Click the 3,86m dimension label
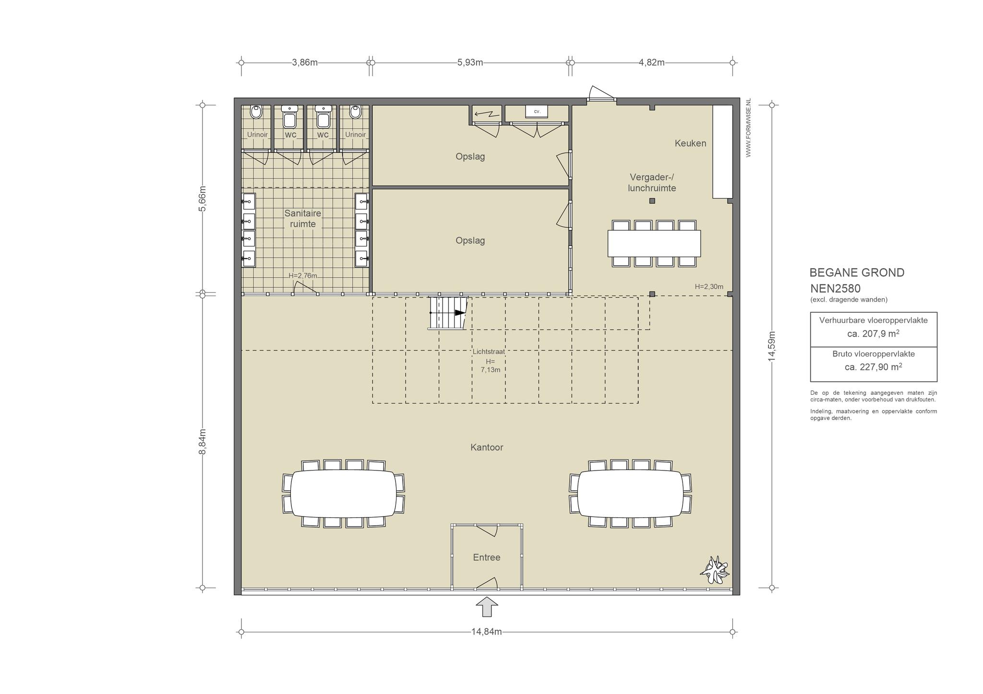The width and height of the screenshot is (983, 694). (305, 62)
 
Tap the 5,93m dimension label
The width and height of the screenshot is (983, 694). (470, 62)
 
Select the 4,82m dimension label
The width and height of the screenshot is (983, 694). (651, 62)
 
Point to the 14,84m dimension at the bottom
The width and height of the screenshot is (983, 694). (486, 632)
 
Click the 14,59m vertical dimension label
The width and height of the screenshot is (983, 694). (772, 346)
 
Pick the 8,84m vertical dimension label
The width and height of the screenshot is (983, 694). (203, 442)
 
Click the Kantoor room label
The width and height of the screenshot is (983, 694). (487, 447)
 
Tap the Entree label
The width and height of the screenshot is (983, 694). (487, 557)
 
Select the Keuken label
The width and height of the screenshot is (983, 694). (690, 143)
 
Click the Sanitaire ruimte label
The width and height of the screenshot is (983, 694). (303, 218)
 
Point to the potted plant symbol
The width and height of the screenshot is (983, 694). (715, 570)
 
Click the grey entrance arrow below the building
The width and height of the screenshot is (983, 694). (487, 607)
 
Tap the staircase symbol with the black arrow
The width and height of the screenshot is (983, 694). (448, 313)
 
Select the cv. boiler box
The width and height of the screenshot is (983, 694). (537, 111)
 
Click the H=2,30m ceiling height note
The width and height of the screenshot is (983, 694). (709, 287)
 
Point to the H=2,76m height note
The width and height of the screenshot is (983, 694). (303, 276)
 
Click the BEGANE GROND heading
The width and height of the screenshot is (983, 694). (857, 272)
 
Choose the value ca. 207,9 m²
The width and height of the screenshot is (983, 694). (874, 333)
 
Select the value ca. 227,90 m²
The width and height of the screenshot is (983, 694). (874, 367)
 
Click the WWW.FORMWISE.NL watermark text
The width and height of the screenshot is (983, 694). (748, 128)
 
